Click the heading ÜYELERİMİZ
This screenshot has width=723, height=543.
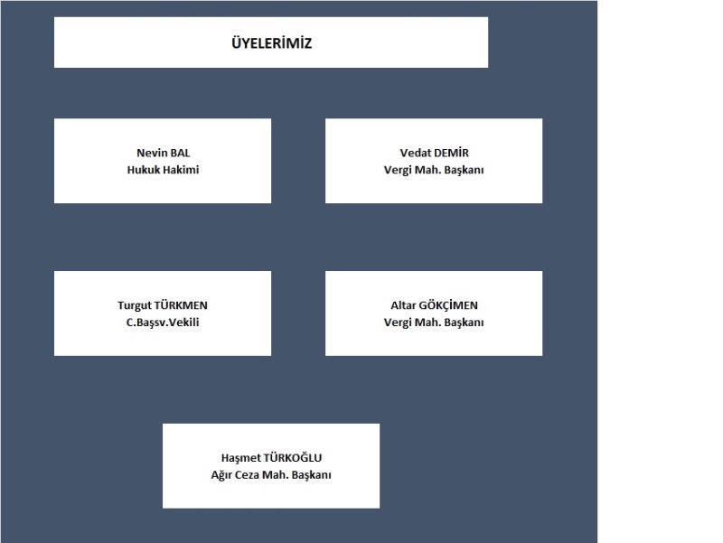coord(272,42)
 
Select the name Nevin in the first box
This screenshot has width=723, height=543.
coord(150,153)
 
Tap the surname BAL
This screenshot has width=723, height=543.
coord(180,153)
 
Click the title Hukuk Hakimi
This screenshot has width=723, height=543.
coord(164,170)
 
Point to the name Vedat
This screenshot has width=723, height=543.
coord(414,153)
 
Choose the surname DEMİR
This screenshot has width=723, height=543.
coord(451,153)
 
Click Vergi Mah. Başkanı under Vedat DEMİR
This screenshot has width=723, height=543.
coord(434,170)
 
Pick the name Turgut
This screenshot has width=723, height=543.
coord(135,305)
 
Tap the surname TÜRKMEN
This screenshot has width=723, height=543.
coord(182,304)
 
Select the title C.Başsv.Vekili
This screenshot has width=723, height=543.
coord(163,323)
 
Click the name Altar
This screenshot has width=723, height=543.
coord(403,305)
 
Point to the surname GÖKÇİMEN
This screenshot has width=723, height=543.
coord(448,304)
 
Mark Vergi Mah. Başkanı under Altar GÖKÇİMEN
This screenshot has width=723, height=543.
coord(434,323)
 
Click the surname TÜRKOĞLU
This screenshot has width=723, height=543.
coord(293,457)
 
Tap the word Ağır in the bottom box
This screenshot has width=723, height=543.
coord(221,475)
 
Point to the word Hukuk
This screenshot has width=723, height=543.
coord(142,170)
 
